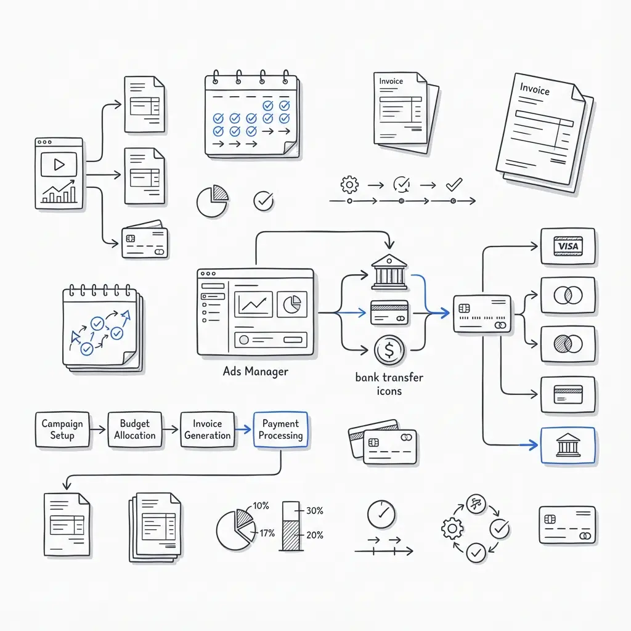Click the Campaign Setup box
[62, 429]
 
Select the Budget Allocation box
[135, 429]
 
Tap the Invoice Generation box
[208, 429]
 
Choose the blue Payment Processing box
[280, 429]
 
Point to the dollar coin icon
[389, 351]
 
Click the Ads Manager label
[256, 372]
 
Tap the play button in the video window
[59, 165]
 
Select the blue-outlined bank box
[568, 445]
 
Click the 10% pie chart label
[261, 506]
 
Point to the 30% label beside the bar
[314, 510]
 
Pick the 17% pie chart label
[267, 533]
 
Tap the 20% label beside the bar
[314, 535]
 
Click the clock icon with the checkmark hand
[381, 513]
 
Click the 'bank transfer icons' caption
[389, 384]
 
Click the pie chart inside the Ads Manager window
[291, 304]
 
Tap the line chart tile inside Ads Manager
[254, 304]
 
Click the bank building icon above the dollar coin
[389, 272]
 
